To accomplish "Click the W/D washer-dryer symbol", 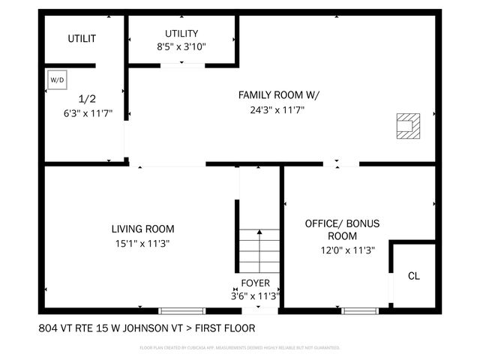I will (x=57, y=79).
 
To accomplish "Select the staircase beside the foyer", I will (x=259, y=252).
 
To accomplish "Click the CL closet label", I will (x=413, y=276).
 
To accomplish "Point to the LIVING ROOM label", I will (x=142, y=229).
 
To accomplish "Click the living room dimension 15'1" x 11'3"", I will (x=142, y=243).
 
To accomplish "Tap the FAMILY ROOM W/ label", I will (x=278, y=95).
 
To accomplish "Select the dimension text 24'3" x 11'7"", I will (x=278, y=109).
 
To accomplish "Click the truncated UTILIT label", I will (x=82, y=38).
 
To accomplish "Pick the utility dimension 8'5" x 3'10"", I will (x=181, y=46).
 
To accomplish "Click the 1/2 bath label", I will (x=88, y=98).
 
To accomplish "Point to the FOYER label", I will (x=255, y=283).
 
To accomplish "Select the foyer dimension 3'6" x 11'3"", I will (x=255, y=296).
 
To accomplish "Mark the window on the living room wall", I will (x=181, y=310).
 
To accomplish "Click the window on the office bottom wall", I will (x=360, y=310).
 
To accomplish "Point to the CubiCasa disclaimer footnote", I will (x=240, y=348).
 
